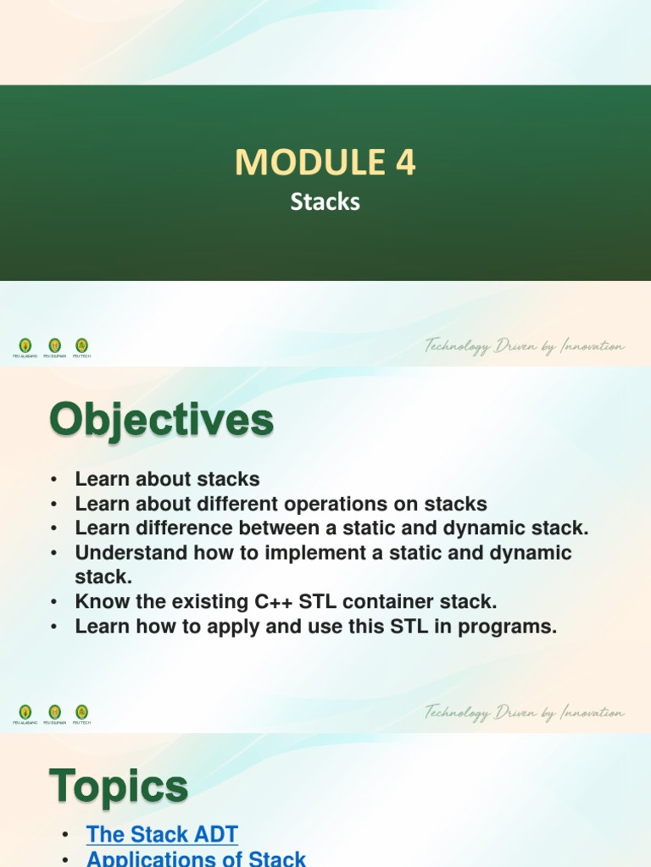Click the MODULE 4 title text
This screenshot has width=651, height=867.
click(325, 162)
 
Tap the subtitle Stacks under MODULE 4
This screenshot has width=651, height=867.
click(325, 202)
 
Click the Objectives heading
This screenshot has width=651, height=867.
click(161, 420)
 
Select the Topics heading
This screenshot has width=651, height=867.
click(119, 787)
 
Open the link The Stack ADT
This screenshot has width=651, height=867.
click(162, 834)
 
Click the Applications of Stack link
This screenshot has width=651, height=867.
click(196, 859)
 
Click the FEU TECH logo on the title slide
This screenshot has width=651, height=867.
click(81, 345)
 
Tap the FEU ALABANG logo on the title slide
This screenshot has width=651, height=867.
click(25, 345)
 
